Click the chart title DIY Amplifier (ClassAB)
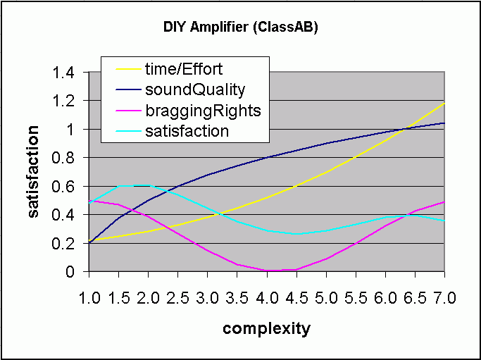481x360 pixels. tap(241, 27)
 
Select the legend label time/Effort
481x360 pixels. tap(184, 69)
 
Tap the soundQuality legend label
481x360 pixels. tap(195, 90)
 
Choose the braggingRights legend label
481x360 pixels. tap(203, 111)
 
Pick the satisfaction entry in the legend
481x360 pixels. tap(187, 131)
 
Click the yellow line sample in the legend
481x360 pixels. tap(127, 69)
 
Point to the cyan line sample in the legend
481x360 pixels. tap(127, 131)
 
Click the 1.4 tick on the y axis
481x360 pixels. tap(63, 73)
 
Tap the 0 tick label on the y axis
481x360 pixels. tap(70, 272)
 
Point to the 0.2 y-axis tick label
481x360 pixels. tap(63, 244)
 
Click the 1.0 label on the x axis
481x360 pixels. tap(89, 298)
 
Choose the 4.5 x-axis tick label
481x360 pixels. tap(297, 298)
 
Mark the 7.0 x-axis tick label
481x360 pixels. tap(444, 298)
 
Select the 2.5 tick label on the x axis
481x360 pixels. tap(179, 298)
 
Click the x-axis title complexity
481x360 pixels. tap(267, 329)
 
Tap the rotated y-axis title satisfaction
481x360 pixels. tap(33, 172)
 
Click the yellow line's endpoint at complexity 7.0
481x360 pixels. tap(444, 104)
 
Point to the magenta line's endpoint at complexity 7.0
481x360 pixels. tap(444, 202)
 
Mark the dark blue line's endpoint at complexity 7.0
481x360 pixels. tap(444, 123)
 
